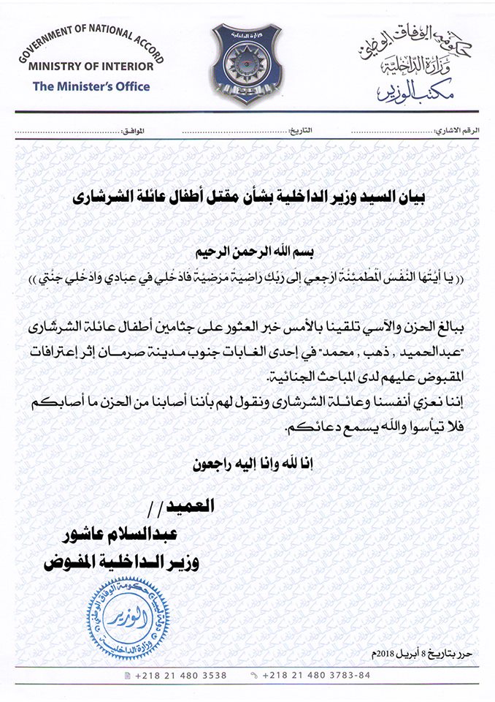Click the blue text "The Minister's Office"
(x=91, y=86)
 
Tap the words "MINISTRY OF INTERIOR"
(x=91, y=66)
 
